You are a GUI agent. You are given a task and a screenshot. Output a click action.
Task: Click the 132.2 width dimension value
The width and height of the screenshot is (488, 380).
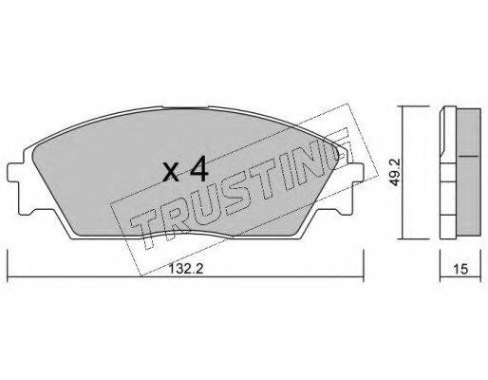click(185, 269)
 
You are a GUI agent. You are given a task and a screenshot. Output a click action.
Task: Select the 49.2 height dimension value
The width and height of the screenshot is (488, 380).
click(395, 172)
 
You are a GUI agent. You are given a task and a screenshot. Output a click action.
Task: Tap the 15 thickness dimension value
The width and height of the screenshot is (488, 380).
click(460, 269)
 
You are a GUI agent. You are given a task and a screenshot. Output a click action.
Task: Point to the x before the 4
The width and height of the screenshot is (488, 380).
click(171, 173)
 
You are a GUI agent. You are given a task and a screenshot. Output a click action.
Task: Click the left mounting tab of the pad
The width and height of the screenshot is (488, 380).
click(14, 173)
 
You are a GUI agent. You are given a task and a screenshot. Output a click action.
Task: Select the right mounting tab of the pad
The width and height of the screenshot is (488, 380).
click(356, 173)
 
